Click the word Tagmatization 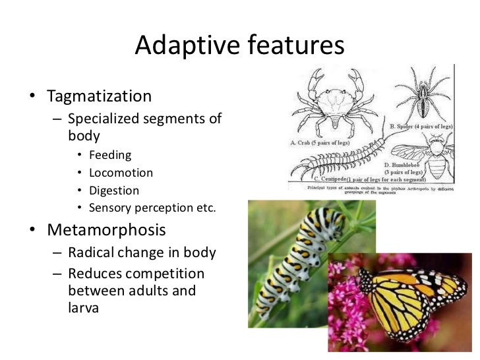[99, 96]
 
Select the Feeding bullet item [110, 156]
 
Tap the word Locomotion [121, 173]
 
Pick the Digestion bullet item [114, 191]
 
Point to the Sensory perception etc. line [152, 208]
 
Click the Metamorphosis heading [106, 231]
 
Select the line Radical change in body [142, 254]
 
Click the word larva [83, 307]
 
